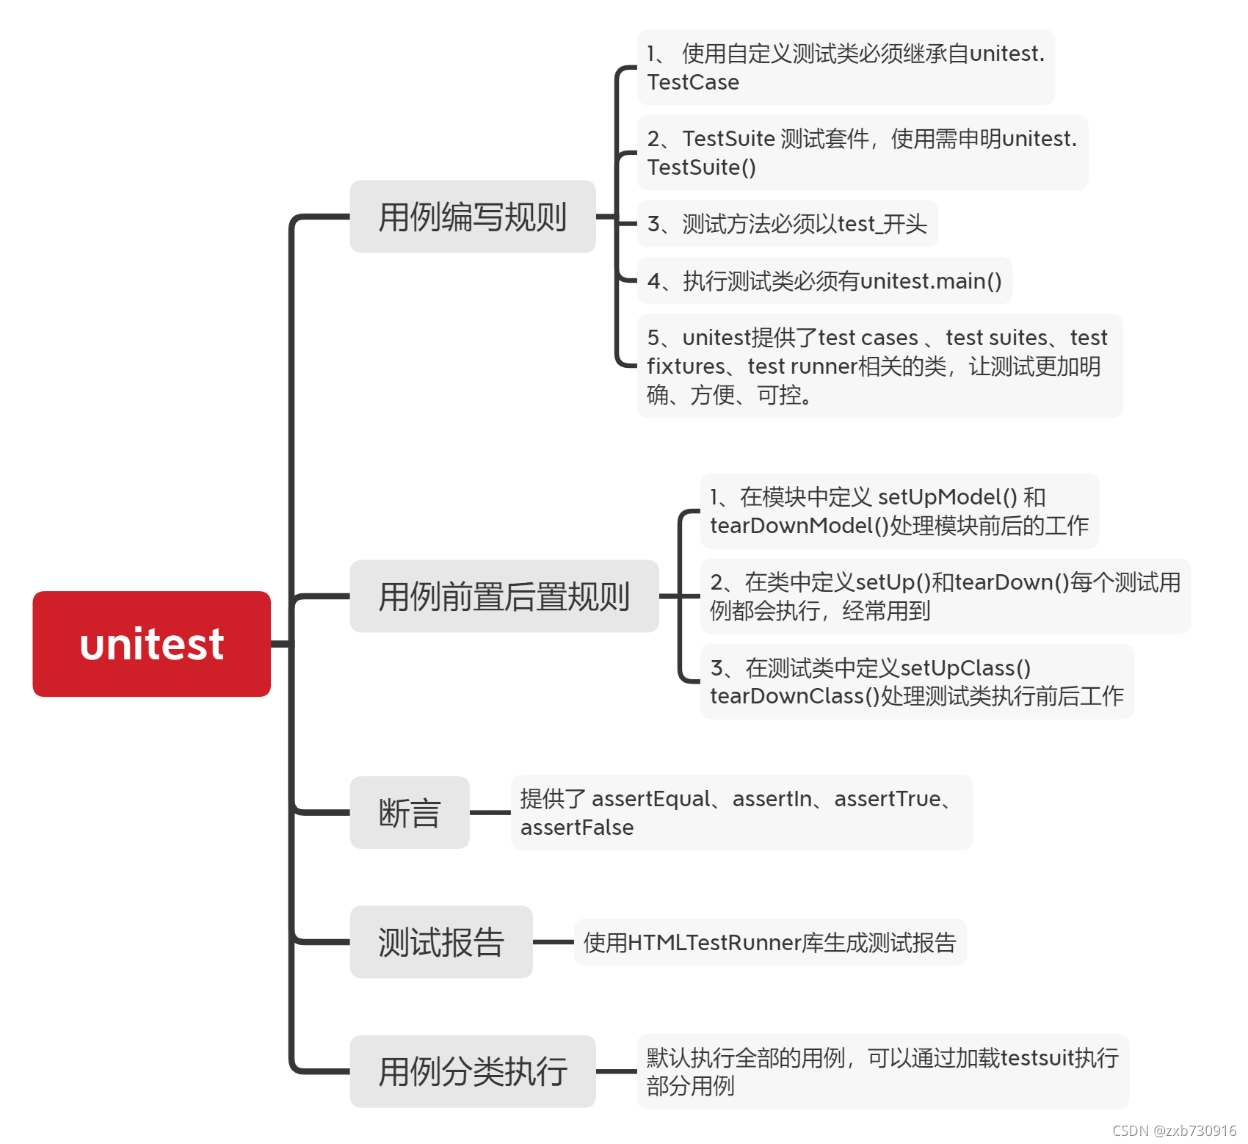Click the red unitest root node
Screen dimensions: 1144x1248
click(x=151, y=644)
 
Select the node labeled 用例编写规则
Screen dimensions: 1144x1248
click(x=472, y=217)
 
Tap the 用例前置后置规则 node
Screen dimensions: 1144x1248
click(x=504, y=596)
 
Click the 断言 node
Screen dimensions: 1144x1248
click(x=409, y=813)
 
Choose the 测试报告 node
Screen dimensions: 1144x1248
click(x=440, y=942)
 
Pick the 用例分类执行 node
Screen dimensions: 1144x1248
click(x=472, y=1071)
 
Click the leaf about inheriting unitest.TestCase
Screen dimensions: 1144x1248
click(x=845, y=68)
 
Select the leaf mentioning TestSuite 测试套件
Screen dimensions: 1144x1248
click(x=862, y=153)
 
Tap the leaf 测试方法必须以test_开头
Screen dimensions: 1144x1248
click(x=787, y=224)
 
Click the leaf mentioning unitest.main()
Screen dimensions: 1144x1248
click(x=824, y=280)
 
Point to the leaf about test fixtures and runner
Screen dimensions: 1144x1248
click(x=879, y=366)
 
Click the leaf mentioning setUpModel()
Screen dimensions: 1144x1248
click(x=899, y=511)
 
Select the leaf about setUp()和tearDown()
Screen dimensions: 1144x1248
click(x=945, y=596)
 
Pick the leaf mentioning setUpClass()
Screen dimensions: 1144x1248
click(x=916, y=681)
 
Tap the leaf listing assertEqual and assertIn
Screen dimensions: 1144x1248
click(x=741, y=813)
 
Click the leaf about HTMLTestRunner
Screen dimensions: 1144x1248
click(x=769, y=942)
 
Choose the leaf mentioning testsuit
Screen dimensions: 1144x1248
click(x=882, y=1071)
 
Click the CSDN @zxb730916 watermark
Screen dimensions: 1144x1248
click(x=1174, y=1131)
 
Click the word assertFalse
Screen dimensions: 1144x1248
click(x=577, y=828)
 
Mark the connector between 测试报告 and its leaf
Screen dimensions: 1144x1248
click(x=553, y=942)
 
